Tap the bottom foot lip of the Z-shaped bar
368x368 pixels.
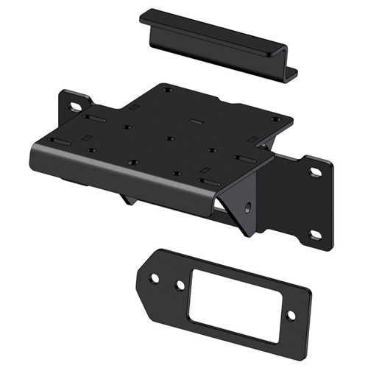291,74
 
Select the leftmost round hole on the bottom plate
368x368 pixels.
155,278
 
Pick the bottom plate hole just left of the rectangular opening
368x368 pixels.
179,283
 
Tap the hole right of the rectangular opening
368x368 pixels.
290,314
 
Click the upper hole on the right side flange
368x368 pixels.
315,171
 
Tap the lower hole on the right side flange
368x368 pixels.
315,234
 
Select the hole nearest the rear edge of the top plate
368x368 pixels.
168,90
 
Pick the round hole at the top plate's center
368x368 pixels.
169,138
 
